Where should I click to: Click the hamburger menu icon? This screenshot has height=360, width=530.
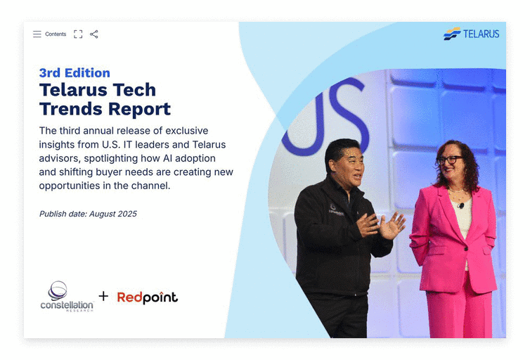point(37,34)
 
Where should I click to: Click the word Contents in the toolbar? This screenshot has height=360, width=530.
point(56,34)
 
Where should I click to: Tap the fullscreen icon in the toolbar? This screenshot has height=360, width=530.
point(78,34)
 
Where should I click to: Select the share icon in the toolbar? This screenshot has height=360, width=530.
point(94,34)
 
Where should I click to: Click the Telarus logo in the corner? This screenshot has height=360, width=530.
point(471,34)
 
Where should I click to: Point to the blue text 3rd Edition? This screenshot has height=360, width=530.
point(75,72)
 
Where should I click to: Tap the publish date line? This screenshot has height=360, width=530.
point(88,214)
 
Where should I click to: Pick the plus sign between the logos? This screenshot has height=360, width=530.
point(104,296)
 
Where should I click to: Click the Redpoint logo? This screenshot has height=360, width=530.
point(147,297)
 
